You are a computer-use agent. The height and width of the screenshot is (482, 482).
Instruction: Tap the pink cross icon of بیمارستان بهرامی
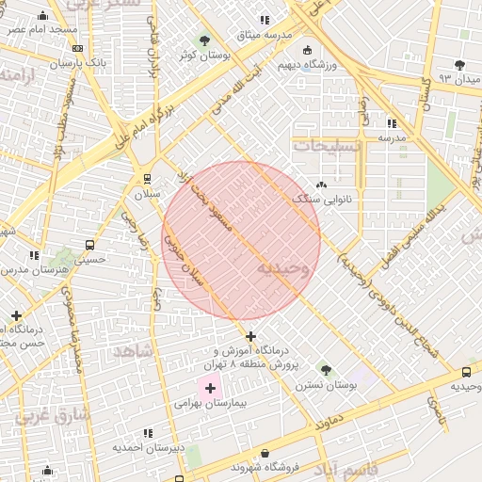pos(209,388)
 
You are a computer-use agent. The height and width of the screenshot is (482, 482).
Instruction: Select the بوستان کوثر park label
pos(205,55)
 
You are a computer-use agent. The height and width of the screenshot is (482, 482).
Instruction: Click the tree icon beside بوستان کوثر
pos(205,40)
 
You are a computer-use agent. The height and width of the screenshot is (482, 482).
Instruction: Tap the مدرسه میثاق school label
pos(265,34)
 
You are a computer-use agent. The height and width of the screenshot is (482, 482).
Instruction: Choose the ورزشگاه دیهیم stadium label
pos(307,65)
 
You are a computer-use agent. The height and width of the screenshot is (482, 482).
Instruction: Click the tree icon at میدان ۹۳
pos(459,64)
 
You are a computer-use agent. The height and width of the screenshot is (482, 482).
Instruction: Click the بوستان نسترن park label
pos(326,385)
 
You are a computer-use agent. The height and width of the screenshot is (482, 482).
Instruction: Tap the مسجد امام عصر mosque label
pos(42,30)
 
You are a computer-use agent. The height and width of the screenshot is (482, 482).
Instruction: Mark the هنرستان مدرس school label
pos(34,269)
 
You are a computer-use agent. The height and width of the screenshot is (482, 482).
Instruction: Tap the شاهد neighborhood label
pos(133,350)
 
